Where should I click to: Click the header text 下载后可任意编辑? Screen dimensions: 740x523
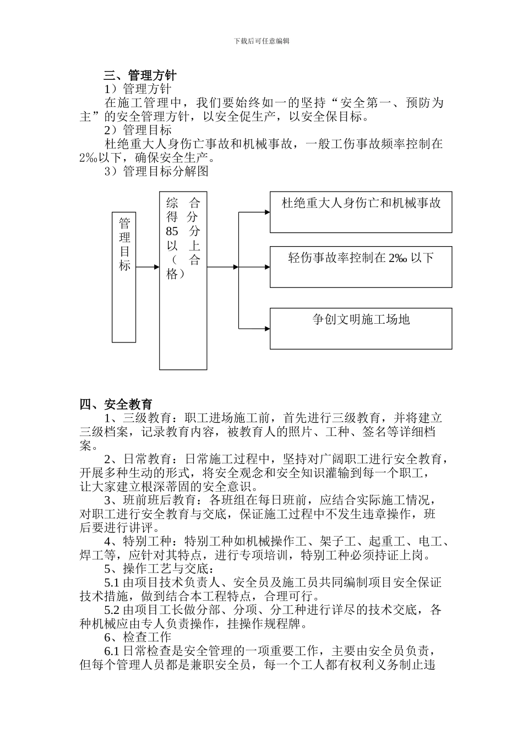click(261, 41)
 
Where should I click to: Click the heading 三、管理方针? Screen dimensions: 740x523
click(140, 75)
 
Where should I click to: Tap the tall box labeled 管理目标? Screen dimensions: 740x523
click(124, 276)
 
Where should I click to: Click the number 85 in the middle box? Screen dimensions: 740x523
click(172, 231)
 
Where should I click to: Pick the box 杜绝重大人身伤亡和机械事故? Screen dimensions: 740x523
click(361, 212)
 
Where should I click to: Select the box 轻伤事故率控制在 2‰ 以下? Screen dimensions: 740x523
click(361, 267)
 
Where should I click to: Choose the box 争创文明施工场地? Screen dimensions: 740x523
click(361, 328)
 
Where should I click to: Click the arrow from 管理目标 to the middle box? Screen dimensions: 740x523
click(147, 267)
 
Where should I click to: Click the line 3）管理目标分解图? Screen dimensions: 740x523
click(157, 171)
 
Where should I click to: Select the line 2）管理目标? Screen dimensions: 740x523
click(138, 130)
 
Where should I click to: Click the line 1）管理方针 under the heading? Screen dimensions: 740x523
click(138, 89)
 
